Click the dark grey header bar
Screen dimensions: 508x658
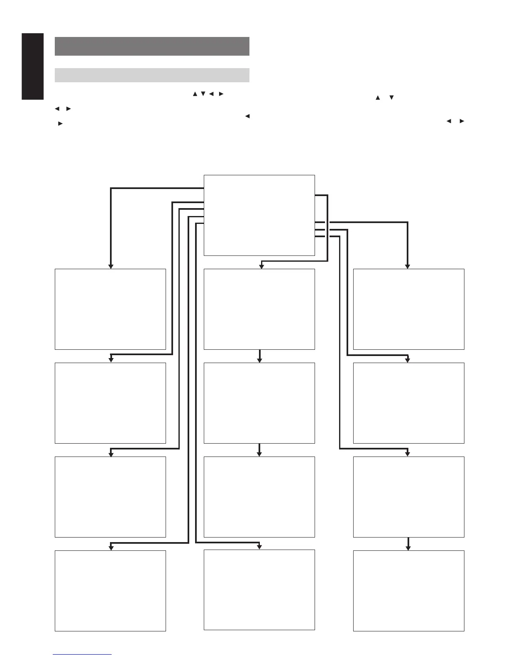point(152,46)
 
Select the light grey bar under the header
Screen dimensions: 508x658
point(152,75)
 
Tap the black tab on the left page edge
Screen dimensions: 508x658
point(33,66)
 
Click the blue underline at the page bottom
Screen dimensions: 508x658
point(82,654)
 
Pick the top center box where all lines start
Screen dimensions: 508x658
point(259,215)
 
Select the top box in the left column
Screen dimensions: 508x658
point(110,309)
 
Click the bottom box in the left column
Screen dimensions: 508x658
point(110,591)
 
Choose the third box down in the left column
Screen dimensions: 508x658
point(110,497)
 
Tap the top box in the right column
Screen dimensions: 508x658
point(408,309)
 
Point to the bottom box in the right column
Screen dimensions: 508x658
point(408,591)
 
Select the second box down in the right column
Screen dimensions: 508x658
point(408,403)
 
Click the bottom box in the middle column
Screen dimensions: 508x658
point(259,590)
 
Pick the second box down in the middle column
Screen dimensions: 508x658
point(259,403)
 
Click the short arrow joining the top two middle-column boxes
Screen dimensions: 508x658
point(259,356)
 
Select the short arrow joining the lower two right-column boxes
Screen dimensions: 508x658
point(408,544)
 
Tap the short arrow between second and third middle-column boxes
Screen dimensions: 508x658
point(259,450)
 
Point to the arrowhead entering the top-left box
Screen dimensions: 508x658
point(111,266)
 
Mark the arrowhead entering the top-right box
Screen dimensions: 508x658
point(408,266)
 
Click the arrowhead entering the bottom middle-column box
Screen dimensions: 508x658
point(259,547)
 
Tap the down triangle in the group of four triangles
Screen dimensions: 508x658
point(203,94)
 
